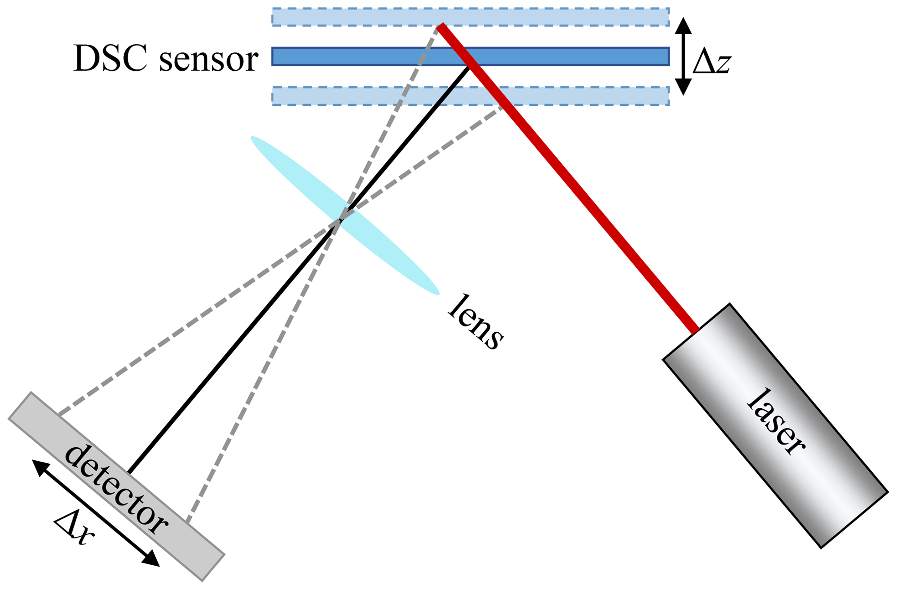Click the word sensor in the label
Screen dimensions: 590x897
[208, 61]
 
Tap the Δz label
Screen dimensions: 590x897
[712, 63]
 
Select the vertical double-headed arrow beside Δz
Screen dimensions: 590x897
[683, 56]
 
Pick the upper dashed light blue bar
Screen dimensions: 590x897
[347, 17]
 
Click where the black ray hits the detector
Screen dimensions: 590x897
[129, 472]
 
